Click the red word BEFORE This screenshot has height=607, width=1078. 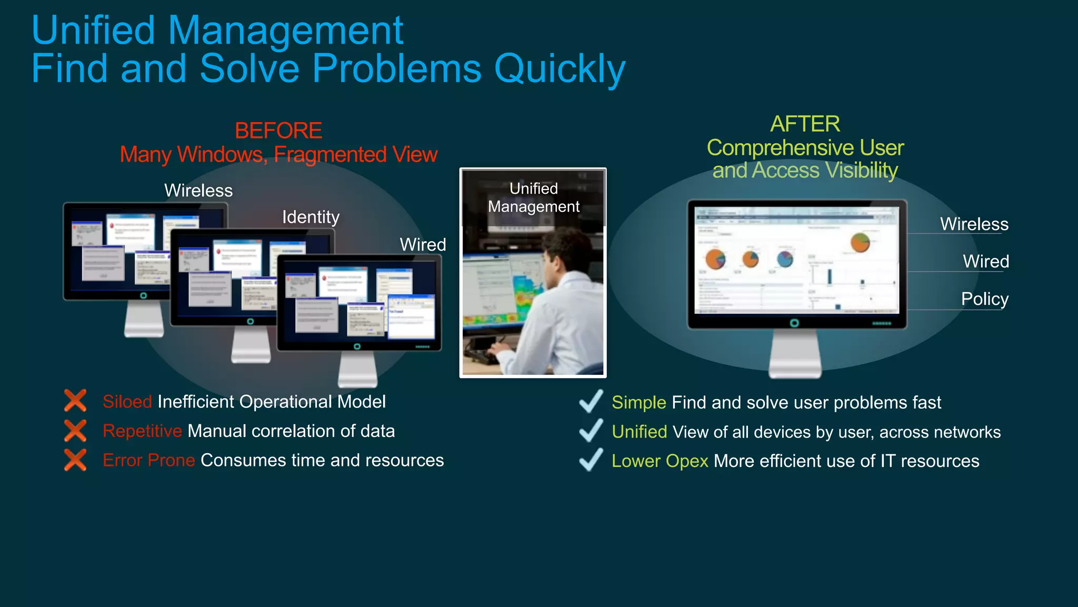pos(278,131)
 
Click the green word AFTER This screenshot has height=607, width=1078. pos(805,124)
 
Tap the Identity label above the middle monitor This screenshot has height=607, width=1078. pos(311,217)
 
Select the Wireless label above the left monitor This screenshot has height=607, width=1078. pos(198,191)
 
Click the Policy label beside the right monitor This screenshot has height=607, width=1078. pos(984,299)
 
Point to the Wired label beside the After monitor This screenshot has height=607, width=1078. pos(985,262)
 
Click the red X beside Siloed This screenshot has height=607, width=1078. pos(75,401)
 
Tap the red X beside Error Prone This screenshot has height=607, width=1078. pos(75,460)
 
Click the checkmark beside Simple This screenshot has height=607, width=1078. pos(591,401)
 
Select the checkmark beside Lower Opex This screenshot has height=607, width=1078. pos(591,460)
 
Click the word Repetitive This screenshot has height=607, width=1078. pos(142,431)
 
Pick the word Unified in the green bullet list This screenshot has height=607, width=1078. pos(639,432)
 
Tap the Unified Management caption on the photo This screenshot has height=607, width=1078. pos(533,197)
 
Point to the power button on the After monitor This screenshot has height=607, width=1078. pos(794,323)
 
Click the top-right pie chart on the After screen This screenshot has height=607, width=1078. pos(860,242)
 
